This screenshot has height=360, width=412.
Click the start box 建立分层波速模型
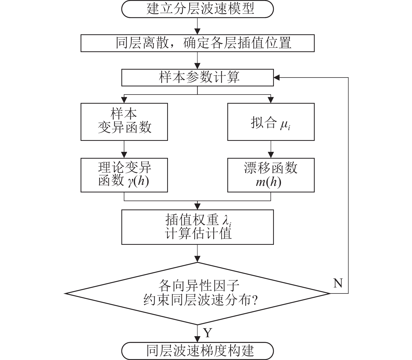(197, 9)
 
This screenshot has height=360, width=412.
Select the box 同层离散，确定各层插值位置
(197, 43)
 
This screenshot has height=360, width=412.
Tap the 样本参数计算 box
(197, 77)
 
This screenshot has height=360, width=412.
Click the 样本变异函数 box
(124, 122)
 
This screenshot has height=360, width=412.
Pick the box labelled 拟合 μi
(271, 122)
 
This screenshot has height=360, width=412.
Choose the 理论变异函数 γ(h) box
(124, 175)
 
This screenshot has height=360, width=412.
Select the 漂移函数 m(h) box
(271, 175)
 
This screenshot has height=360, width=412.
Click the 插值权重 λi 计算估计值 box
(197, 227)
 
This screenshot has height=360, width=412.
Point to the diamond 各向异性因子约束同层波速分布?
(197, 293)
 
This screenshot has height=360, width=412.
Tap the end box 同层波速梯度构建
(197, 351)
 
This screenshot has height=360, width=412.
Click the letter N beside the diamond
(338, 283)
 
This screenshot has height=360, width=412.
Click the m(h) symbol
(268, 182)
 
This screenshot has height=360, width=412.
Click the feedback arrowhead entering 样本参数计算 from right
(277, 77)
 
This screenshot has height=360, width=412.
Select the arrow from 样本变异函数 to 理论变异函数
(124, 149)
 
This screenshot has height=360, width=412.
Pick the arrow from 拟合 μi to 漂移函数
(271, 149)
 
